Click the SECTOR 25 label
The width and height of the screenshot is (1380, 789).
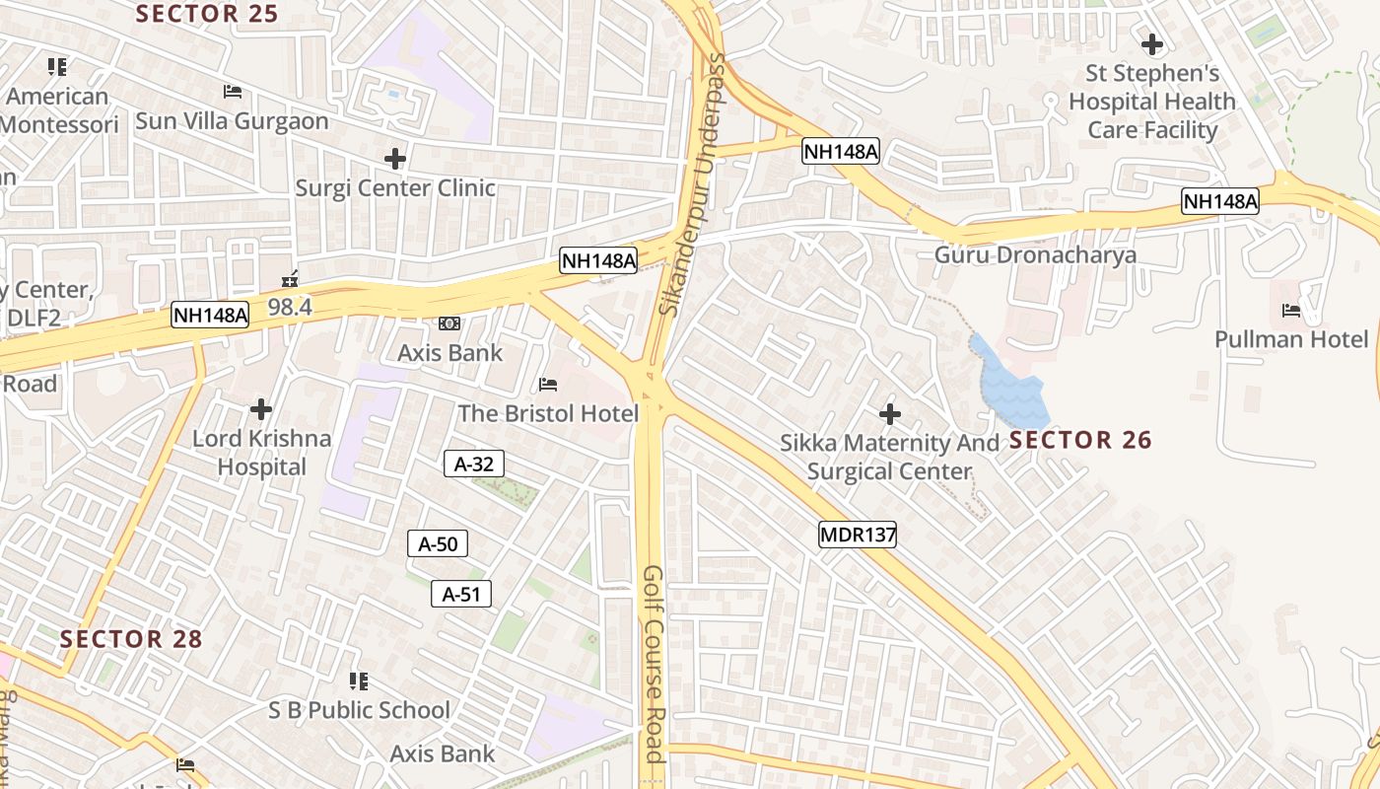pos(207,14)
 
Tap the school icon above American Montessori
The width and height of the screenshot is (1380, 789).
pos(57,67)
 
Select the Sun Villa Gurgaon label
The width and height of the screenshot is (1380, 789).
pos(232,121)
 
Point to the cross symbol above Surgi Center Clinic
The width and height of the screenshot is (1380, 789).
pos(395,158)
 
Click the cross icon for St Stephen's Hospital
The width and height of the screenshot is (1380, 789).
pos(1151,44)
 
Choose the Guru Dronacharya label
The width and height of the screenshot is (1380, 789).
pos(1035,254)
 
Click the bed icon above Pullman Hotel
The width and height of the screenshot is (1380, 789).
pos(1290,311)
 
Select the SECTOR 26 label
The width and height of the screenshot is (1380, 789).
pos(1080,440)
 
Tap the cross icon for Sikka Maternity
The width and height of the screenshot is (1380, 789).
pos(890,414)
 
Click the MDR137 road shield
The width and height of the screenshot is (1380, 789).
pos(858,536)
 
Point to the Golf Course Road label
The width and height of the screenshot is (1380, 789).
pos(653,663)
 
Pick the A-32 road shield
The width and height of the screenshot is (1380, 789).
pos(474,464)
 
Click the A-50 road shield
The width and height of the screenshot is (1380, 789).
pos(438,543)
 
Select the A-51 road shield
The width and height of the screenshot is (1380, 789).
pos(461,594)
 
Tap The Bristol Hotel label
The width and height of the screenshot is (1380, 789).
pos(548,413)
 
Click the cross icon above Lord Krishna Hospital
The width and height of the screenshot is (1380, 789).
pos(261,408)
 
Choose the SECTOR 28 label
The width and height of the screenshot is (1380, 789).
pos(131,639)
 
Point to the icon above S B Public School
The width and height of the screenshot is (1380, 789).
pos(359,681)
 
